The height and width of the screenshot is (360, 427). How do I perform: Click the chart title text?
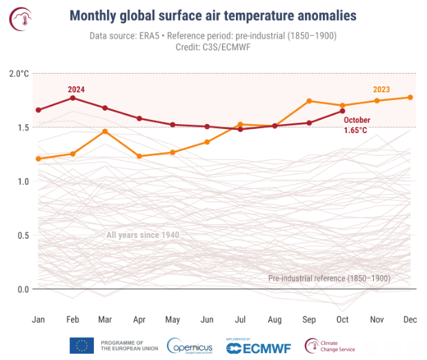[x=214, y=16]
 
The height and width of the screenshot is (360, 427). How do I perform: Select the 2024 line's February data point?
[x=72, y=98]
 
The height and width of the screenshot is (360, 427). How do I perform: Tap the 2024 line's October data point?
[x=342, y=110]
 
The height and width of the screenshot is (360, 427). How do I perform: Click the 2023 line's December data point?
[x=410, y=97]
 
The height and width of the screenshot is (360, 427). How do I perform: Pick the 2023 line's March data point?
[x=105, y=131]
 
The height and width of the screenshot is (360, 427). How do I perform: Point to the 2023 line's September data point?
[x=309, y=101]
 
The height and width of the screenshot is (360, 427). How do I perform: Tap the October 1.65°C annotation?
[x=357, y=125]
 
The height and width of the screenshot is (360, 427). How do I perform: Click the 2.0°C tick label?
[x=18, y=74]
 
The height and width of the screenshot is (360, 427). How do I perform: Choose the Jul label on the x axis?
[x=241, y=320]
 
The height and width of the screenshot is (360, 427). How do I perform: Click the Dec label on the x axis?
[x=410, y=320]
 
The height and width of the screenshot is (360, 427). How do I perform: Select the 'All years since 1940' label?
[x=143, y=235]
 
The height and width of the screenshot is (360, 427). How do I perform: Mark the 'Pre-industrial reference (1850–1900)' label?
[x=329, y=278]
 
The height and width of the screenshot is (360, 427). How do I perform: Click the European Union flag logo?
[x=81, y=346]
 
